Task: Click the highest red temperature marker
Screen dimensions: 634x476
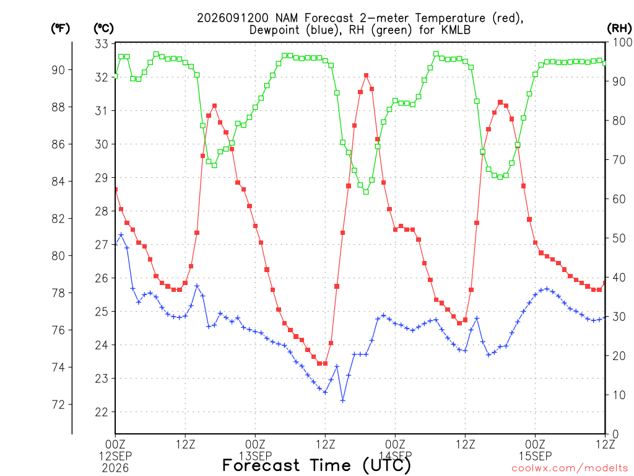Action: coord(367,75)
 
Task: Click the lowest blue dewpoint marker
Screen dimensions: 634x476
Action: coord(343,401)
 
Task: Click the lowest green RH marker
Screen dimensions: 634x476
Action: coord(367,192)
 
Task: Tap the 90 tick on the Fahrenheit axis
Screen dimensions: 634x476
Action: coord(58,70)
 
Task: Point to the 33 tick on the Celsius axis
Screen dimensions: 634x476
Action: coord(102,44)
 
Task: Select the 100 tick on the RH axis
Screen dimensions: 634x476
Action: coord(622,42)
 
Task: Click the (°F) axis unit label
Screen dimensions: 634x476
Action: coord(60,29)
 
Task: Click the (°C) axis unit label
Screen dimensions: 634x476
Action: coord(103,29)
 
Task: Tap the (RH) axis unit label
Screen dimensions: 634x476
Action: coord(619,29)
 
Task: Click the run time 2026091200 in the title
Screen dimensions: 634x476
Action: coord(233,18)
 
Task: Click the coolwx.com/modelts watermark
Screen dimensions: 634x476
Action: coord(570,468)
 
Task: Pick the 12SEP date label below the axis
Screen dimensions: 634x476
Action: coord(116,456)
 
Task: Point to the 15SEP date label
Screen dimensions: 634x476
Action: coord(536,456)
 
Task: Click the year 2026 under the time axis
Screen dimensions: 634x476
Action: coord(115,468)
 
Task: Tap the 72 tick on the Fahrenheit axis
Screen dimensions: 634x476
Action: coord(58,404)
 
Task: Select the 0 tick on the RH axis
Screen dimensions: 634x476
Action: coord(615,434)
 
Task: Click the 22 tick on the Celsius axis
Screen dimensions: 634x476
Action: coord(102,412)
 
